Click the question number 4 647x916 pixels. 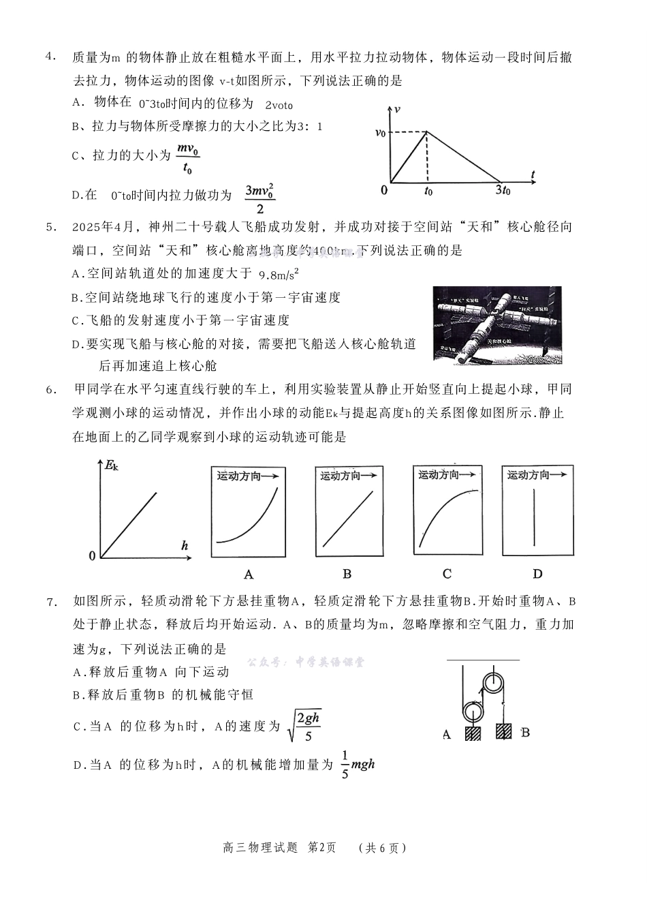50,57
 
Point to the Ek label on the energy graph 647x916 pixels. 111,465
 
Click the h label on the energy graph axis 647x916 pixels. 185,545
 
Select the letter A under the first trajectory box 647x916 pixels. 249,574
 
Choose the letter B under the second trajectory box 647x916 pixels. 347,574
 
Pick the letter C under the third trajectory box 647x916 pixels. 447,574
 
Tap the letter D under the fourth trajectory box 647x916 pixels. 537,574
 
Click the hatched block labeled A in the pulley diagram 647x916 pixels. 473,733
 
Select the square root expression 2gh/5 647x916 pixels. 304,726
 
